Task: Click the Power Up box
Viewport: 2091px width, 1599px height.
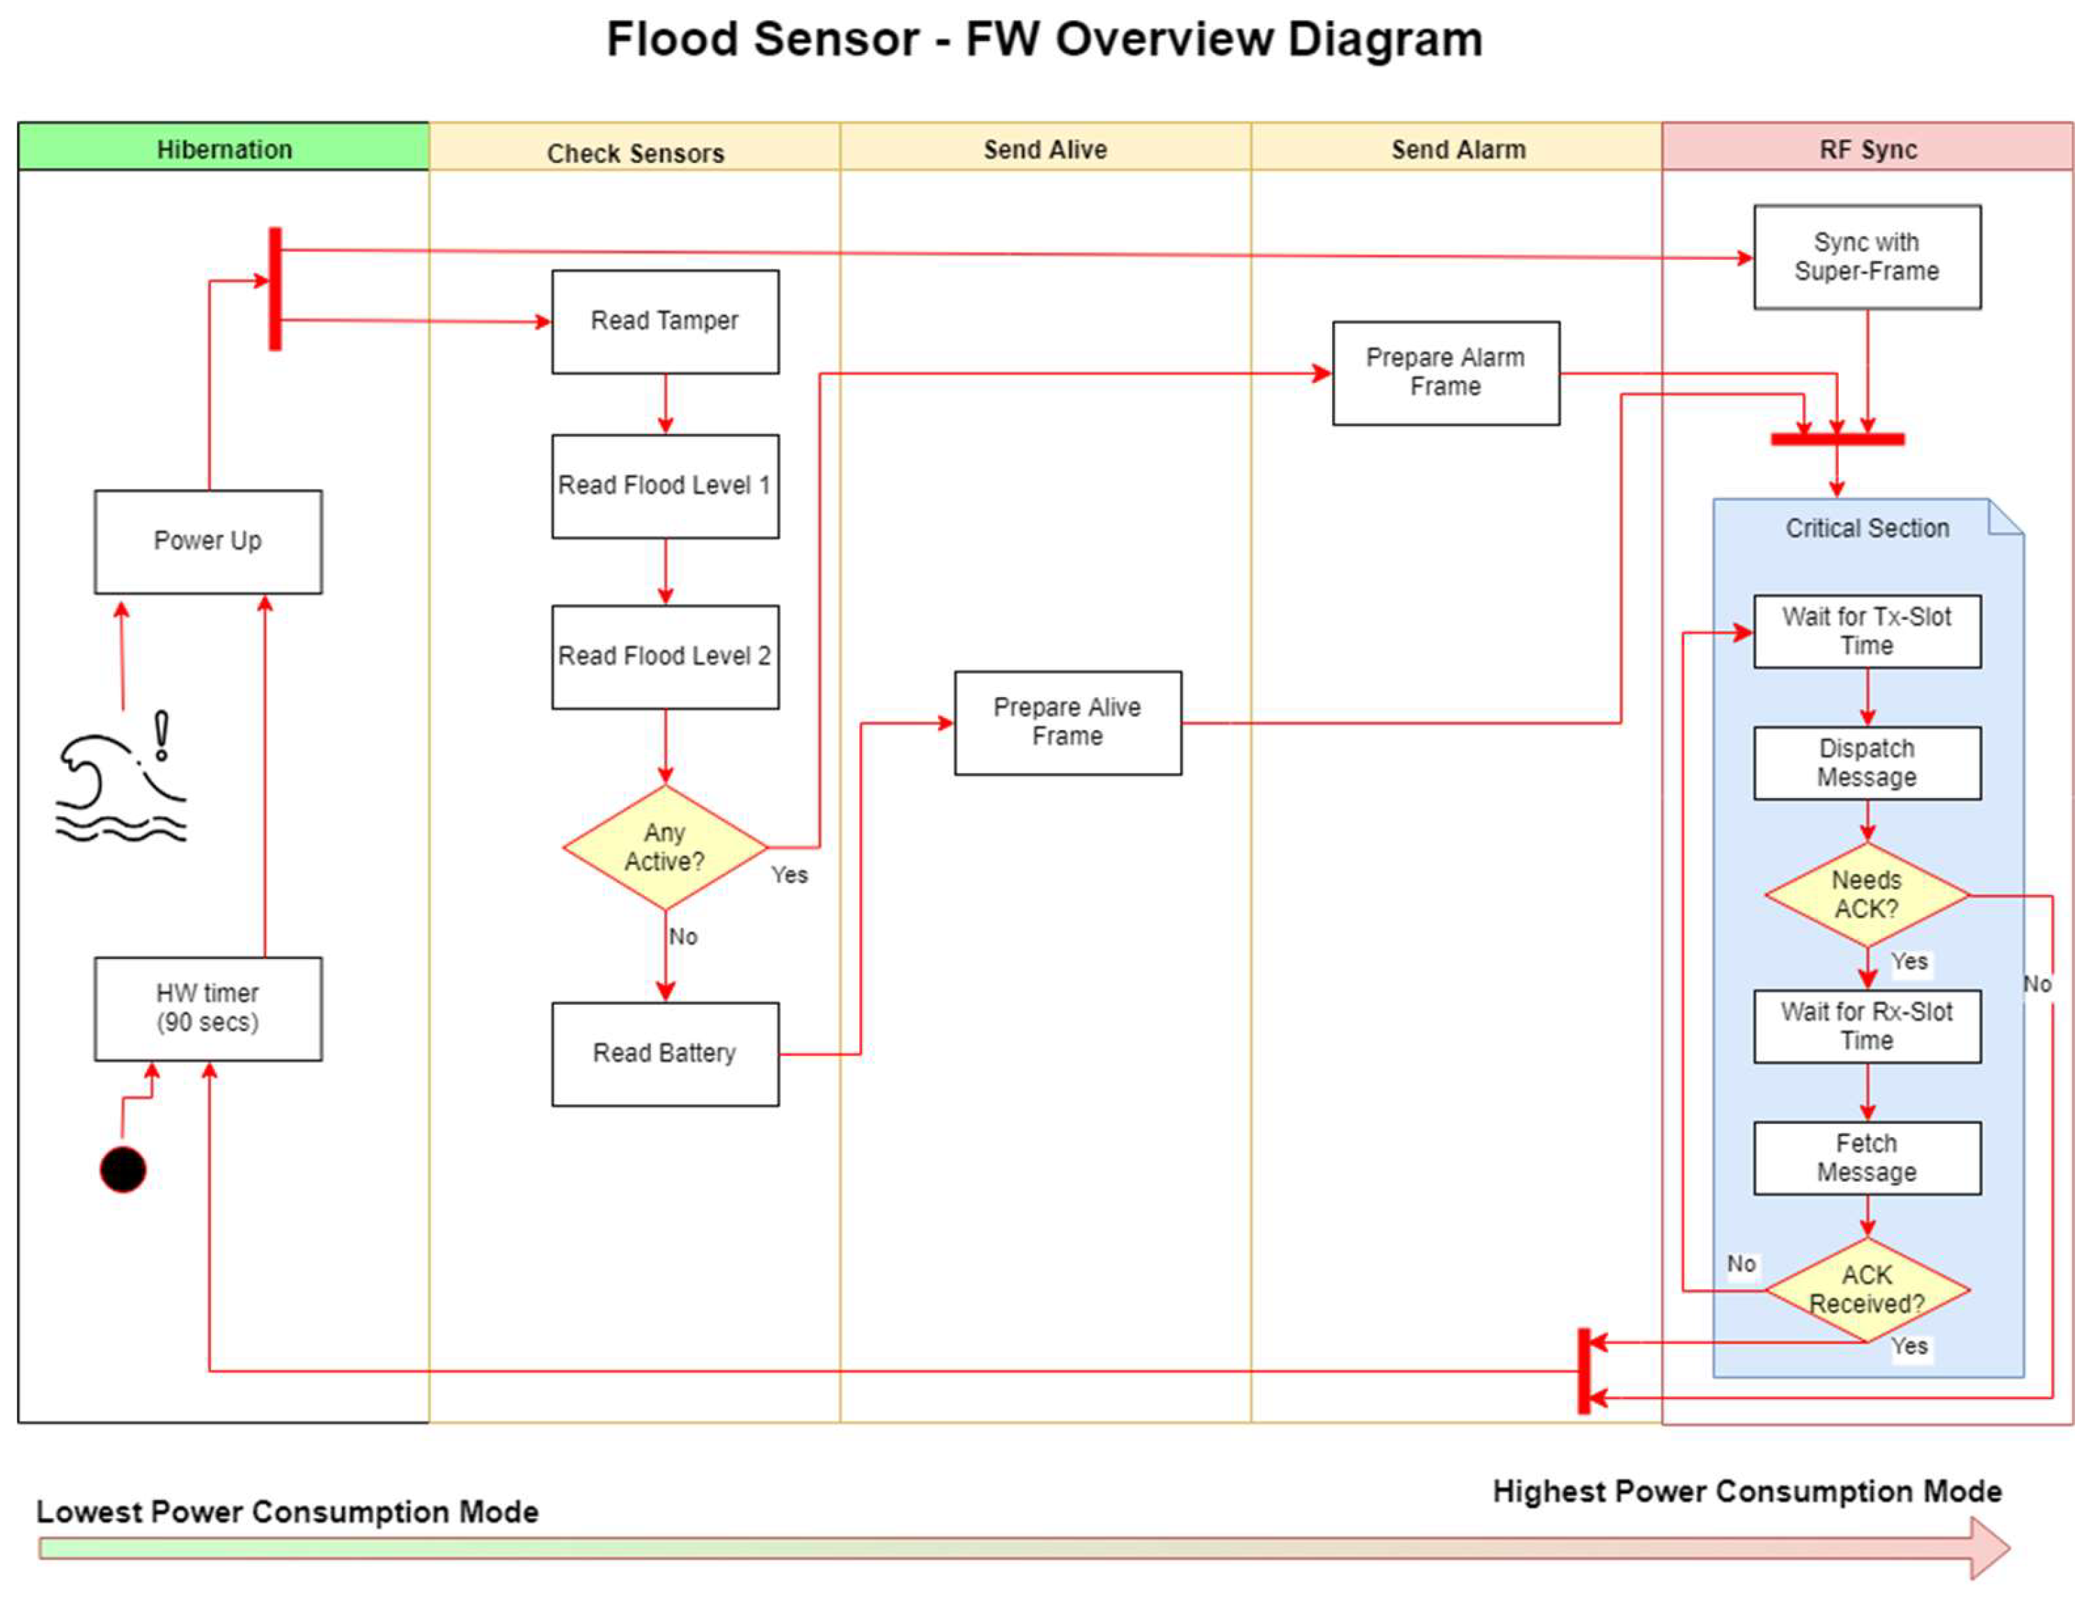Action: [207, 542]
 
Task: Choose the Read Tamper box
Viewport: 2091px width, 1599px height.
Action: [664, 322]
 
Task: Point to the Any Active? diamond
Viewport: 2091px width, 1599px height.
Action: [664, 847]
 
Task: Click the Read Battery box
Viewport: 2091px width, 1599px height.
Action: [664, 1053]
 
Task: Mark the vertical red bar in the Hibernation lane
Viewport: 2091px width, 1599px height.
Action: [275, 288]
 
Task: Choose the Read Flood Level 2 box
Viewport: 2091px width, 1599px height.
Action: [664, 657]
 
